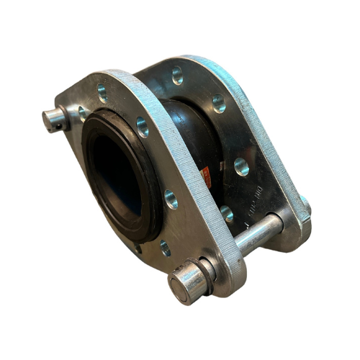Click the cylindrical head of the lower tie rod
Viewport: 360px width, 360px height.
click(184, 284)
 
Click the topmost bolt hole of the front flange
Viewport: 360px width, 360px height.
click(101, 96)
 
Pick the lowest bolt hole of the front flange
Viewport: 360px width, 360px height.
click(164, 246)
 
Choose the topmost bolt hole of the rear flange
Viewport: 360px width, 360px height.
click(176, 74)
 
